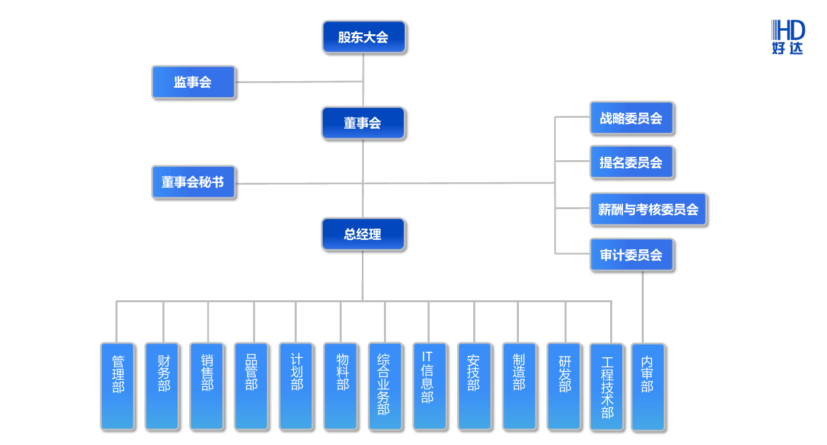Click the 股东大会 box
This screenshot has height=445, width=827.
(363, 37)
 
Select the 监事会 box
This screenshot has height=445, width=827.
(193, 82)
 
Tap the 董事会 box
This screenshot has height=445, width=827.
(363, 123)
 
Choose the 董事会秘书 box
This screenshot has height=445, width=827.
(193, 182)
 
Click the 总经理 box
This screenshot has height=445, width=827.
(363, 235)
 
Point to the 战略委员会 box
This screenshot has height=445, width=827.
(631, 119)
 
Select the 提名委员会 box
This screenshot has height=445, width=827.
(631, 162)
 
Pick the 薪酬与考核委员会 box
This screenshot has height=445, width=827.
(648, 209)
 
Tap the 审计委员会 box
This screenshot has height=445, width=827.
(631, 255)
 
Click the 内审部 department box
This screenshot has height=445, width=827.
(647, 387)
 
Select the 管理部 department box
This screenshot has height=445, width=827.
(117, 386)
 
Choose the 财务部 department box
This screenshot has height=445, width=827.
(162, 386)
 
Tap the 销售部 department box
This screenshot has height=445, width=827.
(207, 386)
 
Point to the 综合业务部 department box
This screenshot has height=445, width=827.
(385, 386)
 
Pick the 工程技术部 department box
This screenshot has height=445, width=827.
(607, 387)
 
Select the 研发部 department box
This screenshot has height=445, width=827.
(564, 386)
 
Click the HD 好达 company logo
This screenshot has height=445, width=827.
(787, 37)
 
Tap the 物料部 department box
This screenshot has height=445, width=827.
(340, 386)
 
